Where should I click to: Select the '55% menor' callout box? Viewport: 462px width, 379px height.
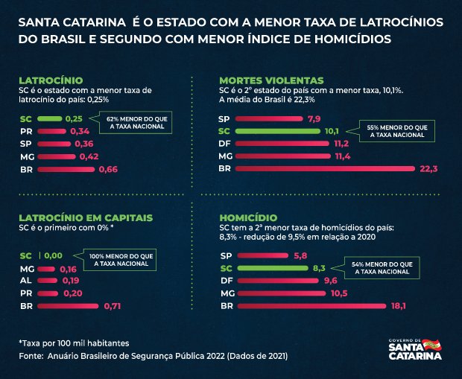point(392,131)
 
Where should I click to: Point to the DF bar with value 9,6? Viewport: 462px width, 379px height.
point(278,281)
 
